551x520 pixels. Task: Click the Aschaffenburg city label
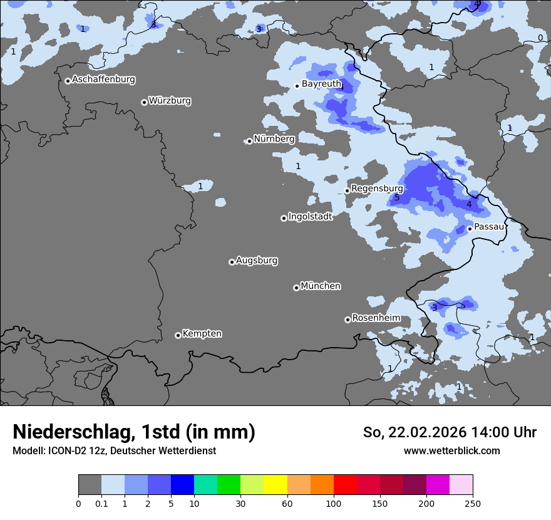pyautogui.click(x=103, y=80)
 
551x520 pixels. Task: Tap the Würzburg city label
pyautogui.click(x=170, y=101)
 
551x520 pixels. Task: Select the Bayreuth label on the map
pyautogui.click(x=321, y=84)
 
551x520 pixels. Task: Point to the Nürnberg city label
pyautogui.click(x=274, y=139)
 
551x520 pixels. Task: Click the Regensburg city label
pyautogui.click(x=377, y=189)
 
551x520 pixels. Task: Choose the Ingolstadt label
pyautogui.click(x=310, y=217)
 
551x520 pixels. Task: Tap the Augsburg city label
pyautogui.click(x=257, y=261)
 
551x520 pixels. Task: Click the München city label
pyautogui.click(x=321, y=286)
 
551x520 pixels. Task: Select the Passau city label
pyautogui.click(x=489, y=227)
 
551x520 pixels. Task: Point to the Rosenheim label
pyautogui.click(x=376, y=318)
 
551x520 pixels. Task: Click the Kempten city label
pyautogui.click(x=202, y=334)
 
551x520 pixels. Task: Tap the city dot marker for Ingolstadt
pyautogui.click(x=284, y=218)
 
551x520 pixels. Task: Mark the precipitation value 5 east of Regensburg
pyautogui.click(x=396, y=198)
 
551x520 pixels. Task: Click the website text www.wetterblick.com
pyautogui.click(x=451, y=450)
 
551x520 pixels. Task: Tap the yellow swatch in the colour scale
pyautogui.click(x=275, y=485)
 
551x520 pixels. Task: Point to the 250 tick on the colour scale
pyautogui.click(x=473, y=503)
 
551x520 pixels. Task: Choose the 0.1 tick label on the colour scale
pyautogui.click(x=101, y=503)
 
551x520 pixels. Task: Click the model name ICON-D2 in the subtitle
pyautogui.click(x=66, y=450)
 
